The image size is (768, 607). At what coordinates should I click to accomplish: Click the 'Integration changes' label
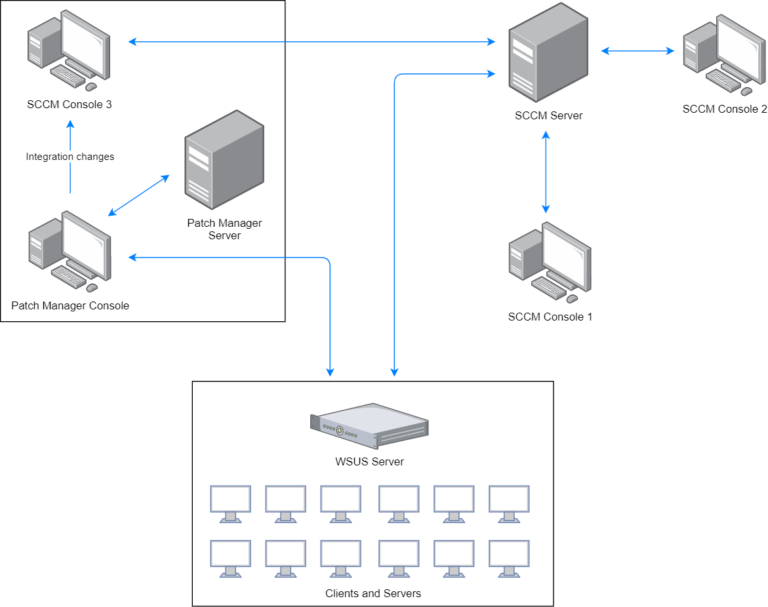tap(70, 157)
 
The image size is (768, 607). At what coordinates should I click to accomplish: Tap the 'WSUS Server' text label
tap(369, 461)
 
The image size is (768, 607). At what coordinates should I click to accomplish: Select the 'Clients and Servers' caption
tap(373, 593)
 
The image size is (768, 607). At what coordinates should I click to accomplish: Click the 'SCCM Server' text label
tap(548, 116)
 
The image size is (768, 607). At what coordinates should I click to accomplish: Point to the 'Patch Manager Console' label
tap(70, 305)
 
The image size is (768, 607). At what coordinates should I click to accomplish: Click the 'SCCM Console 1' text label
tap(550, 317)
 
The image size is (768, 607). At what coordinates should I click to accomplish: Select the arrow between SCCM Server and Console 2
tap(638, 50)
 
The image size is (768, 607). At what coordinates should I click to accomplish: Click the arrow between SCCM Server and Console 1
tap(545, 172)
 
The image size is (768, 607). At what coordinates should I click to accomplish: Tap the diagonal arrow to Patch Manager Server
tap(138, 195)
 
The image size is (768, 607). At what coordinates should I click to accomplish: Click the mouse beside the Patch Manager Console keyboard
tap(92, 287)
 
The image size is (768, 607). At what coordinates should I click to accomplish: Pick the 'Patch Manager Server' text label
tap(224, 229)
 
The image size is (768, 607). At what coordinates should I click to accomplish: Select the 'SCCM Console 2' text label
tap(724, 109)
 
